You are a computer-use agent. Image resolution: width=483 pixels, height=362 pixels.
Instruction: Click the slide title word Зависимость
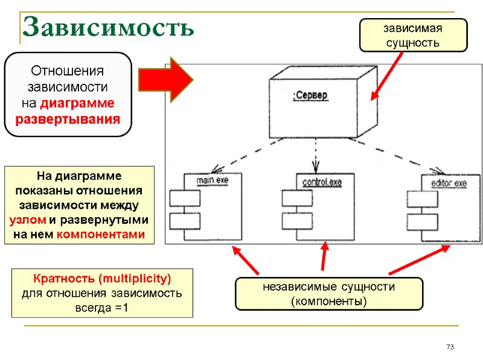(x=108, y=27)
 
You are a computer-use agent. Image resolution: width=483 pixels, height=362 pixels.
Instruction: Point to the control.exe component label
(x=322, y=182)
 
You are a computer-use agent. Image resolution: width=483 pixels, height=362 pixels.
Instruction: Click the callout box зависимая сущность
(x=413, y=35)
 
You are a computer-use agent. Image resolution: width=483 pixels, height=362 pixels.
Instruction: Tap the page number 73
(x=449, y=347)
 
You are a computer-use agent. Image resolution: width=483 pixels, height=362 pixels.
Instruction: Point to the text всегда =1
(x=102, y=308)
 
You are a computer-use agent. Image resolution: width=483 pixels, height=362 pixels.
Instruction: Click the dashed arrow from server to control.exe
(x=314, y=154)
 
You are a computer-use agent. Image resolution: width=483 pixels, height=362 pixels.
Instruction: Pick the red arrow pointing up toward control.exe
(x=325, y=256)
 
